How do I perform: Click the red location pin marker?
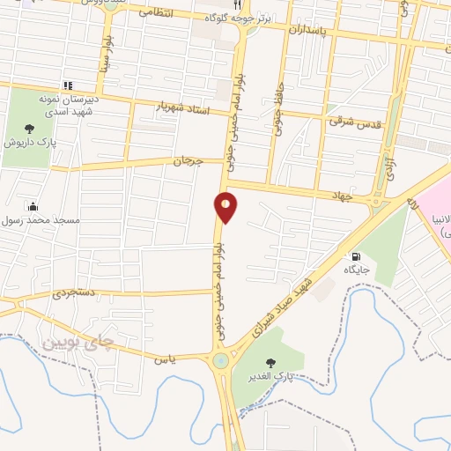225,207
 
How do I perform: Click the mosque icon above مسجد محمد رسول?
33,205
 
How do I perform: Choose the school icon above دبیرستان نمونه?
67,85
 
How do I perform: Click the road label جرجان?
187,162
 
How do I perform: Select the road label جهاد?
342,195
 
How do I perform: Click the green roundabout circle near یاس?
219,359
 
